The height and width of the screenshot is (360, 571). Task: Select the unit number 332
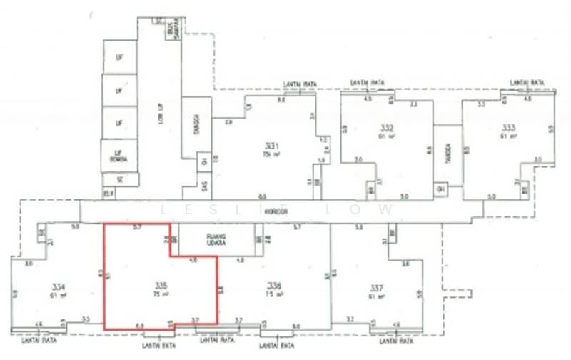coord(388,129)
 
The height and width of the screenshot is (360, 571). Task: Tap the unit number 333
coord(509,129)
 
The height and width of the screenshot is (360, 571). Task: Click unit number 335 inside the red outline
coord(160,287)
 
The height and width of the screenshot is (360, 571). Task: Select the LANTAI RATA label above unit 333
coord(527,84)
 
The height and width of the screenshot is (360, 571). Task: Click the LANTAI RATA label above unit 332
coord(368,84)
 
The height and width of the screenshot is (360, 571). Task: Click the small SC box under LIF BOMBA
coord(120,179)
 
